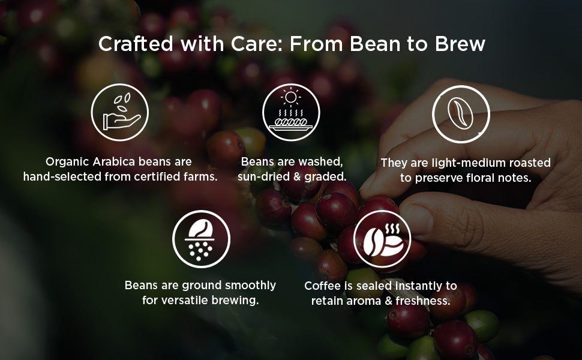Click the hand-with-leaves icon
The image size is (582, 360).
click(119, 112)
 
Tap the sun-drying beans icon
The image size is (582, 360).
click(291, 112)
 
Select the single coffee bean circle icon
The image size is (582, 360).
click(461, 114)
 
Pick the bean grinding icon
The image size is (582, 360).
click(201, 239)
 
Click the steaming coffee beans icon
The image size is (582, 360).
click(382, 239)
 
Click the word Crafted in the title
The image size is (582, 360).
click(136, 44)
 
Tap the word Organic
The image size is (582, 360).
click(67, 162)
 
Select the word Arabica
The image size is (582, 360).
click(113, 161)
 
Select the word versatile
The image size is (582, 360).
click(184, 300)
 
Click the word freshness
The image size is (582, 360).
click(423, 301)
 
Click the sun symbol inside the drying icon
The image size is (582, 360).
click(291, 97)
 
